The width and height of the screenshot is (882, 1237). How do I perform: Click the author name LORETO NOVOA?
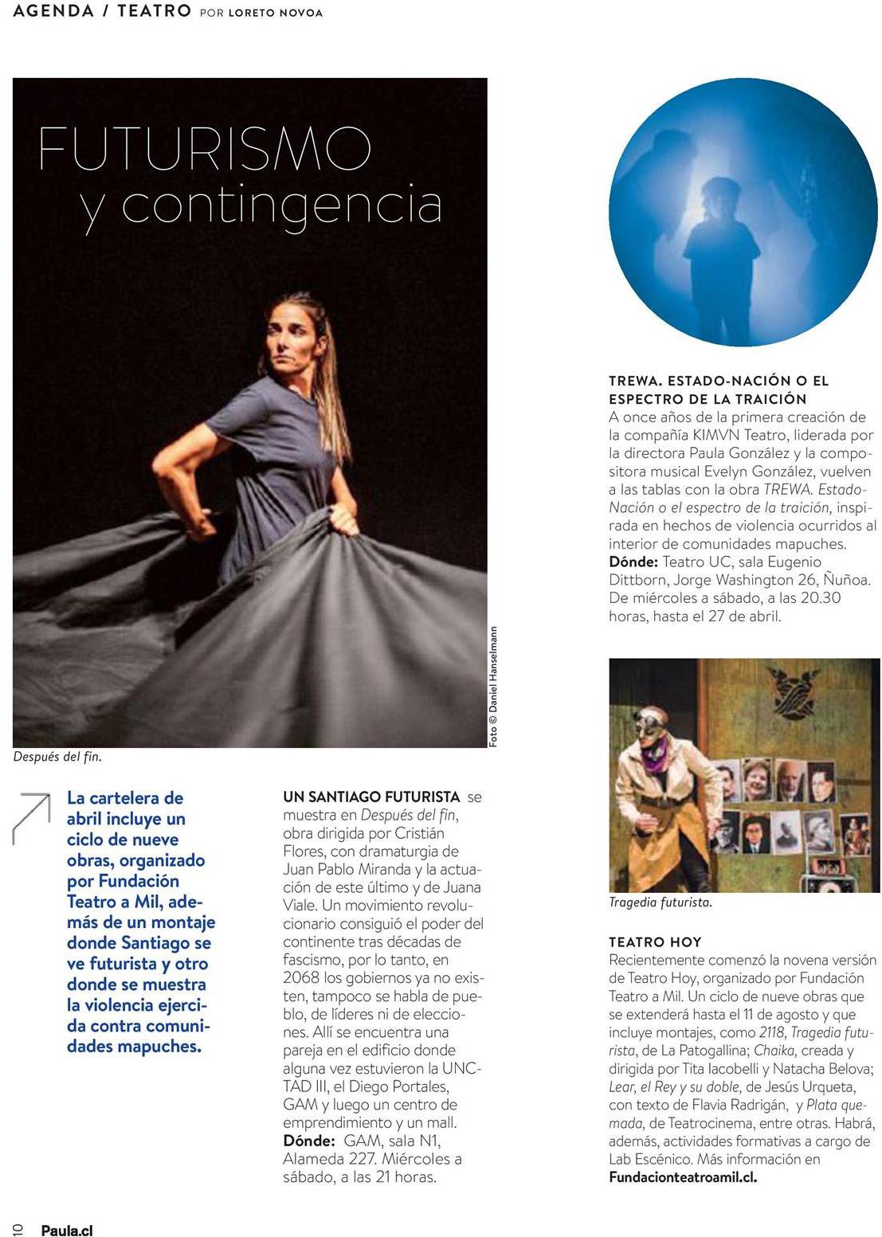(x=275, y=13)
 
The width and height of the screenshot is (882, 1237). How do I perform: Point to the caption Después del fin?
(x=57, y=757)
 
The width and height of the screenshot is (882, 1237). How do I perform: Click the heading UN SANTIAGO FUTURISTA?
(x=371, y=797)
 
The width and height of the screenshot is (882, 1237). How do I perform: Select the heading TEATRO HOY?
(x=655, y=941)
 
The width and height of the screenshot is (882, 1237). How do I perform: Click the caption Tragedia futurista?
(x=660, y=902)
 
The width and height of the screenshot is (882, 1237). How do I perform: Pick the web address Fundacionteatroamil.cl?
(x=682, y=1177)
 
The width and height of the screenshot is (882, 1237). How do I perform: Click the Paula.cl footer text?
(x=67, y=1230)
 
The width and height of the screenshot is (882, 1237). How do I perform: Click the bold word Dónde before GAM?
(x=308, y=1141)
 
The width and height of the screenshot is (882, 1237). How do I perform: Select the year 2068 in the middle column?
(x=301, y=977)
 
